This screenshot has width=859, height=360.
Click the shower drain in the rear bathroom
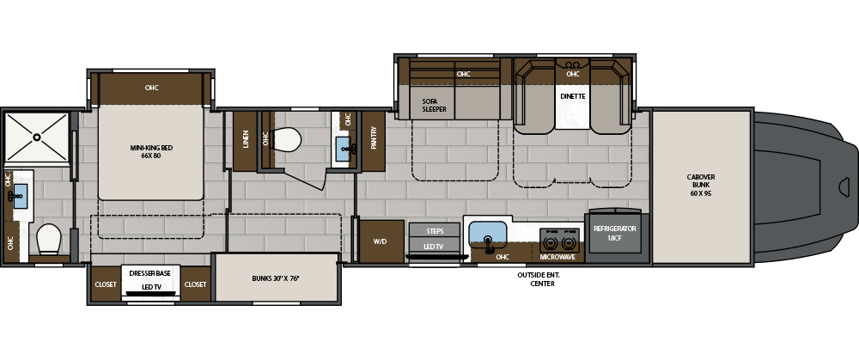(x=37, y=137)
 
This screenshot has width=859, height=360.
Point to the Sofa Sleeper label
(x=434, y=105)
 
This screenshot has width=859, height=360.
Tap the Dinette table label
(x=572, y=96)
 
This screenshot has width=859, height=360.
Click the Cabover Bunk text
(x=701, y=186)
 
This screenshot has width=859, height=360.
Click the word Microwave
(x=557, y=257)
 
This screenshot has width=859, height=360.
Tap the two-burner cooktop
(x=559, y=240)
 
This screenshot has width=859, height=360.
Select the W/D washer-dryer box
(x=381, y=241)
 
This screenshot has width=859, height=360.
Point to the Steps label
(x=435, y=231)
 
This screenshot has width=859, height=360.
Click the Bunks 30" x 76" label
(x=276, y=278)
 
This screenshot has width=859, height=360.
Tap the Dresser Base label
(x=150, y=273)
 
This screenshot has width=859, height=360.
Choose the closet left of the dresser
(x=106, y=284)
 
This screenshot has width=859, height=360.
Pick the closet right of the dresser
(x=196, y=284)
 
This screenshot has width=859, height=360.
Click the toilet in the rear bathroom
(x=49, y=239)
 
